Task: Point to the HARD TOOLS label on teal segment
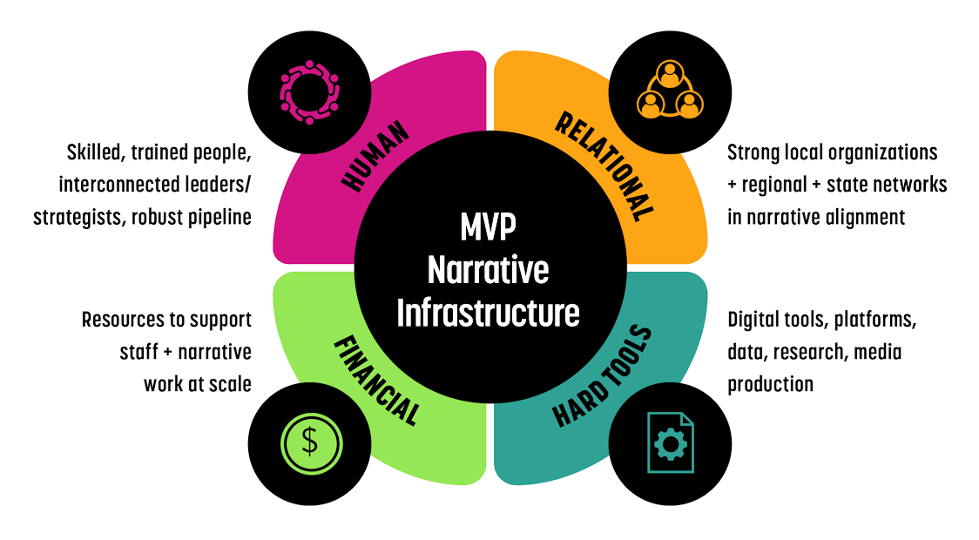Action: [603, 375]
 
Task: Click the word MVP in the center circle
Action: [488, 229]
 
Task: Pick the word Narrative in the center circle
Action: [488, 270]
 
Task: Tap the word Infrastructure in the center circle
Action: [488, 312]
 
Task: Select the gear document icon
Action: [670, 443]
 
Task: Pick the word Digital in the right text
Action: [753, 321]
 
